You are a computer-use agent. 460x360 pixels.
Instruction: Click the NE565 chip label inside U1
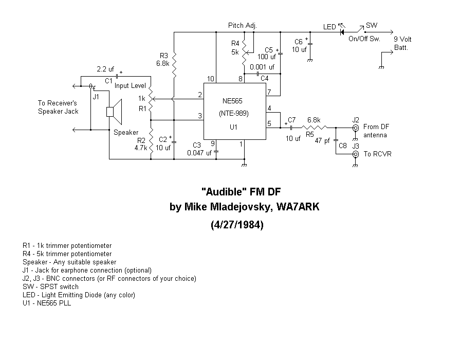[232, 101]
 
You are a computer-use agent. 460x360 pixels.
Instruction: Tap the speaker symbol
[114, 112]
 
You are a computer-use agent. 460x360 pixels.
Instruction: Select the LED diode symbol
[342, 32]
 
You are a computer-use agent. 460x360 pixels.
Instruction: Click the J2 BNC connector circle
[355, 128]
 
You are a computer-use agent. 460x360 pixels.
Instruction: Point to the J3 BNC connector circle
[355, 154]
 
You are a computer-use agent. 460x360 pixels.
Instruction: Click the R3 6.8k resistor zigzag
[174, 65]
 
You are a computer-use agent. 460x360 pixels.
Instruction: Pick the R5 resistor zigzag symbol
[315, 128]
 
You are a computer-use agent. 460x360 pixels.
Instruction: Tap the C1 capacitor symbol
[117, 76]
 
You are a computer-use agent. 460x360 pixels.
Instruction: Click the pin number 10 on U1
[211, 79]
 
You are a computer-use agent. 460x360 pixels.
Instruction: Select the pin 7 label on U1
[269, 92]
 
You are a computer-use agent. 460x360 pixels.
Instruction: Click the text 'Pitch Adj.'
[243, 26]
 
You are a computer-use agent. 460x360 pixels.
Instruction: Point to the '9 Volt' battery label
[402, 39]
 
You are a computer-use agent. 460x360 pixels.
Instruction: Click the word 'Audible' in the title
[224, 192]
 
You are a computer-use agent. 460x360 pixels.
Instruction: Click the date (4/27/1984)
[237, 225]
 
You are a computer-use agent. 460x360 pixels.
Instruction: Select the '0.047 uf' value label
[199, 153]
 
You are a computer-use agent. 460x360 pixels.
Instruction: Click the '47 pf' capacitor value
[322, 141]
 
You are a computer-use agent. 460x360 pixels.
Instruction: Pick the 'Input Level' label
[130, 86]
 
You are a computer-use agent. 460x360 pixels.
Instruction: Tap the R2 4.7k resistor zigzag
[151, 142]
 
